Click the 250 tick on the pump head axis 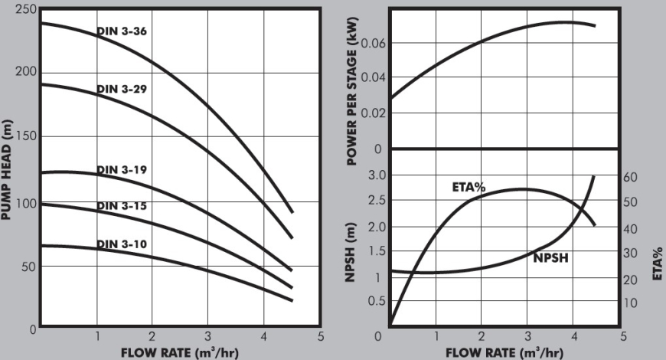(25, 8)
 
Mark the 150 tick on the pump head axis (25, 137)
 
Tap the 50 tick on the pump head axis (28, 266)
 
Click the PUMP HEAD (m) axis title (7, 169)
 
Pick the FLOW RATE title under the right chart (505, 352)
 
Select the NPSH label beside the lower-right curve (550, 260)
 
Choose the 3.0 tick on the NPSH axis (374, 176)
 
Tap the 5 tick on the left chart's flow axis (320, 336)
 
